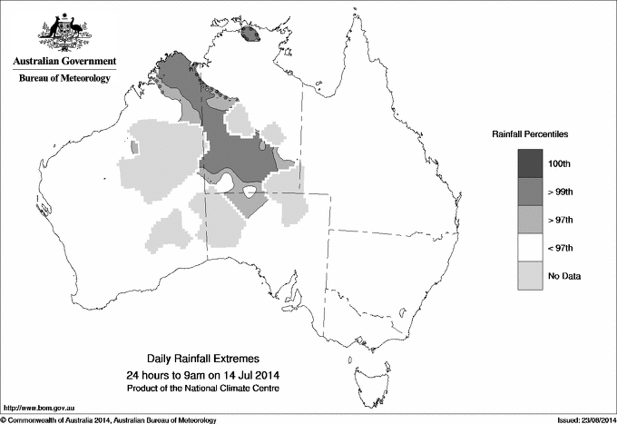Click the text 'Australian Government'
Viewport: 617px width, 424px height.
pos(64,62)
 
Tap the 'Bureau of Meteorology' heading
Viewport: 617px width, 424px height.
pos(64,79)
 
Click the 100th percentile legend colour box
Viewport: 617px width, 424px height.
pos(529,163)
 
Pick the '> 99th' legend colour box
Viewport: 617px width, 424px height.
pos(529,191)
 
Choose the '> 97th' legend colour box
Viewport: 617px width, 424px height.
pos(529,219)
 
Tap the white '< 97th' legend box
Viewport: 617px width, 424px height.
pos(529,247)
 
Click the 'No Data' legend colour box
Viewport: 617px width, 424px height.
pos(529,275)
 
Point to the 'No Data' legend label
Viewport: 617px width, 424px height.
pos(564,275)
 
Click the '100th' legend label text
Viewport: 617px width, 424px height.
pos(560,163)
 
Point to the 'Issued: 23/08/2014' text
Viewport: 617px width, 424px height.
pos(581,419)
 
